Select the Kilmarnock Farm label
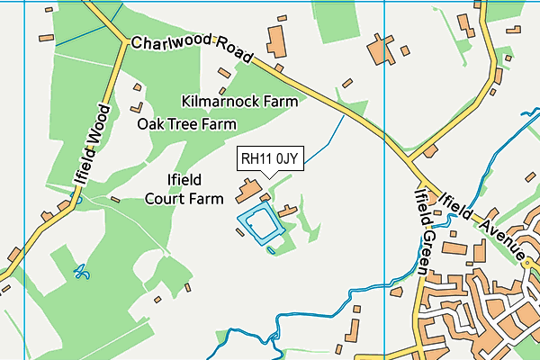(x=239, y=101)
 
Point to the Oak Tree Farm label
(x=186, y=123)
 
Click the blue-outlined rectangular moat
(x=261, y=224)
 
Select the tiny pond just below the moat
(x=271, y=249)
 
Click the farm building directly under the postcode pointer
(x=247, y=192)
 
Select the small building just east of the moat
(x=288, y=211)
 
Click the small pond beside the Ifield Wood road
(x=77, y=199)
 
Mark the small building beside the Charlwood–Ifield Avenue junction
(x=430, y=151)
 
